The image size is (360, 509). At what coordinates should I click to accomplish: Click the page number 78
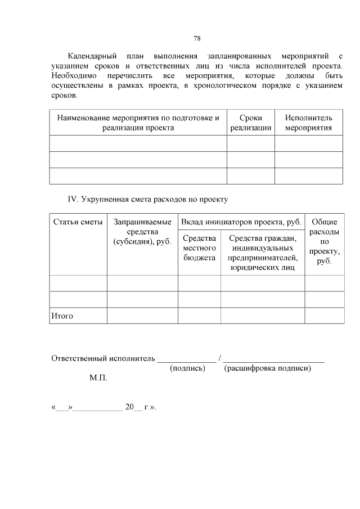(197, 39)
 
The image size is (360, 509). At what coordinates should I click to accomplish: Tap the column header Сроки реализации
(250, 123)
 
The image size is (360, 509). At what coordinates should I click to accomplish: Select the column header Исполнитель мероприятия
(308, 123)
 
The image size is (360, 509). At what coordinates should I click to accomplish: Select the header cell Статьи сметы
(78, 222)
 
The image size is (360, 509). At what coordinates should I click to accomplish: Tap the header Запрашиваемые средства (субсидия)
(142, 232)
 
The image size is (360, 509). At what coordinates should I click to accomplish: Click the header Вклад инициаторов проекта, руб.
(241, 222)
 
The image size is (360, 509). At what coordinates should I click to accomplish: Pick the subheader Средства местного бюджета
(199, 248)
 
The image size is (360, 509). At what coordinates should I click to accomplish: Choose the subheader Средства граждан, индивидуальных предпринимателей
(263, 253)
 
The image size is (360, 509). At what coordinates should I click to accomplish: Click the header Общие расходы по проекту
(324, 241)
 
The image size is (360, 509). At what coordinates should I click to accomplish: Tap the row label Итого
(62, 316)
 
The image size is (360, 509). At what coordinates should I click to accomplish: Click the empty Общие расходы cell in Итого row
(324, 316)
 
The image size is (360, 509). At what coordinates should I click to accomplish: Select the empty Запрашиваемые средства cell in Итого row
(142, 316)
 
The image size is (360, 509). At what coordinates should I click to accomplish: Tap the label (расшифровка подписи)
(267, 368)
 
